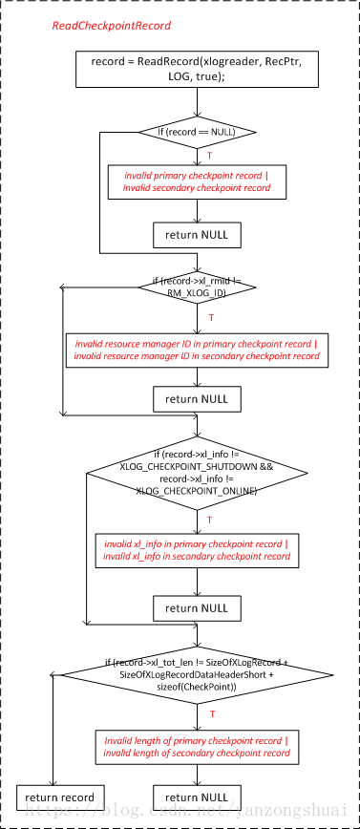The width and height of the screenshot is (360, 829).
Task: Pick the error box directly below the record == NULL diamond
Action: [x=197, y=181]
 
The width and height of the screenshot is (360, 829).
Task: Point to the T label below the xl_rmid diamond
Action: [x=210, y=316]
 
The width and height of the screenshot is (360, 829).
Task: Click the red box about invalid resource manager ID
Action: [x=197, y=349]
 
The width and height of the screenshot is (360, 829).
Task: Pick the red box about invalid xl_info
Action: [x=197, y=549]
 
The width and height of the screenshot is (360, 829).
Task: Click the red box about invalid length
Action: [x=197, y=745]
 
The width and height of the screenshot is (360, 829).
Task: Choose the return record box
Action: [x=60, y=797]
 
